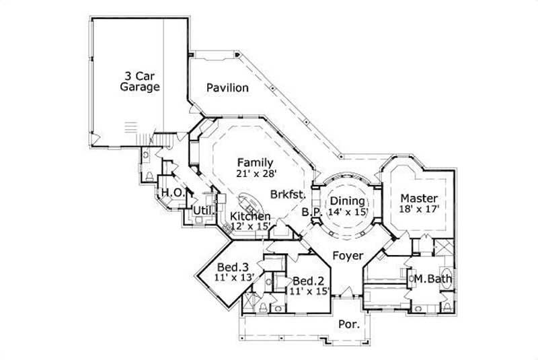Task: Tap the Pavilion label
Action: [x=227, y=88]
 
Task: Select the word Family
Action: [x=255, y=162]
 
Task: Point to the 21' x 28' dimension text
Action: [x=255, y=173]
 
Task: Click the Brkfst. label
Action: [x=289, y=194]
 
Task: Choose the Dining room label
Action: [x=347, y=201]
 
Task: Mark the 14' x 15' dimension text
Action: [x=347, y=211]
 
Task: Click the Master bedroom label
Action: [x=419, y=199]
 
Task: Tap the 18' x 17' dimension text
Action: [x=419, y=209]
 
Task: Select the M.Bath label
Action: [x=431, y=278]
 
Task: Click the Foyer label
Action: [x=348, y=256]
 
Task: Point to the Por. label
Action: [x=348, y=324]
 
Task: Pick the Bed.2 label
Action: [x=307, y=281]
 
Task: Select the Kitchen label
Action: [x=250, y=216]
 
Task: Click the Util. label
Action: [x=203, y=211]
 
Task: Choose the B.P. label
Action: [x=311, y=211]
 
